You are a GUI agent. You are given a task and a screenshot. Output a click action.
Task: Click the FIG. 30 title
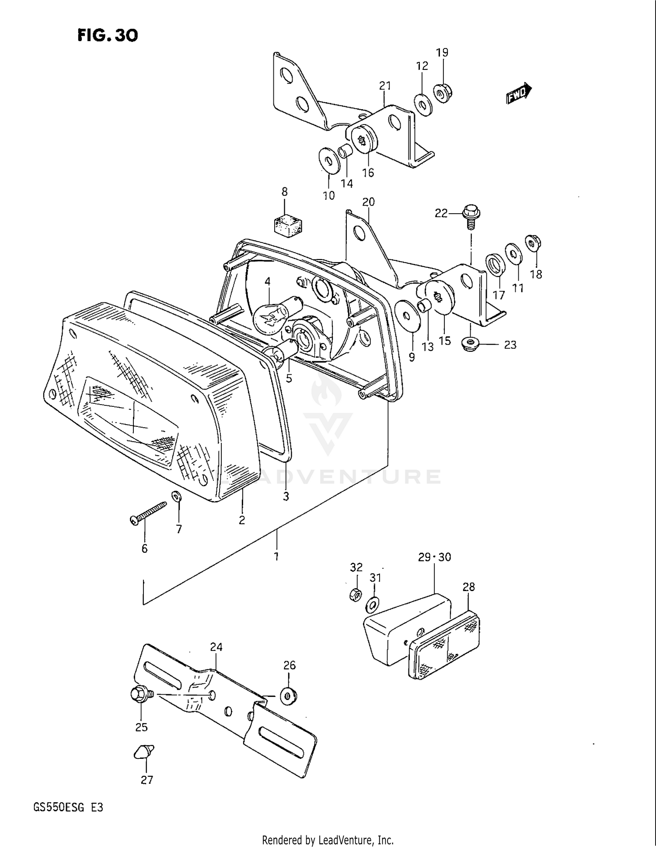[x=108, y=35]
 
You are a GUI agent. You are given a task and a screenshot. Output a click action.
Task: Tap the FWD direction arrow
[x=519, y=94]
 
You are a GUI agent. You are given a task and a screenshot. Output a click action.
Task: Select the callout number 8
[x=285, y=191]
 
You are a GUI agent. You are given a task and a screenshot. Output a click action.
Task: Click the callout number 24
[x=216, y=647]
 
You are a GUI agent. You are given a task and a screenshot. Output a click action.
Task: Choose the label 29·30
[x=434, y=557]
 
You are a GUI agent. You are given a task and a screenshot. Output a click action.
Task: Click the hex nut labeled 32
[x=356, y=595]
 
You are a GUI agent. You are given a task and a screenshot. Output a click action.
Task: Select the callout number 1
[x=276, y=556]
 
